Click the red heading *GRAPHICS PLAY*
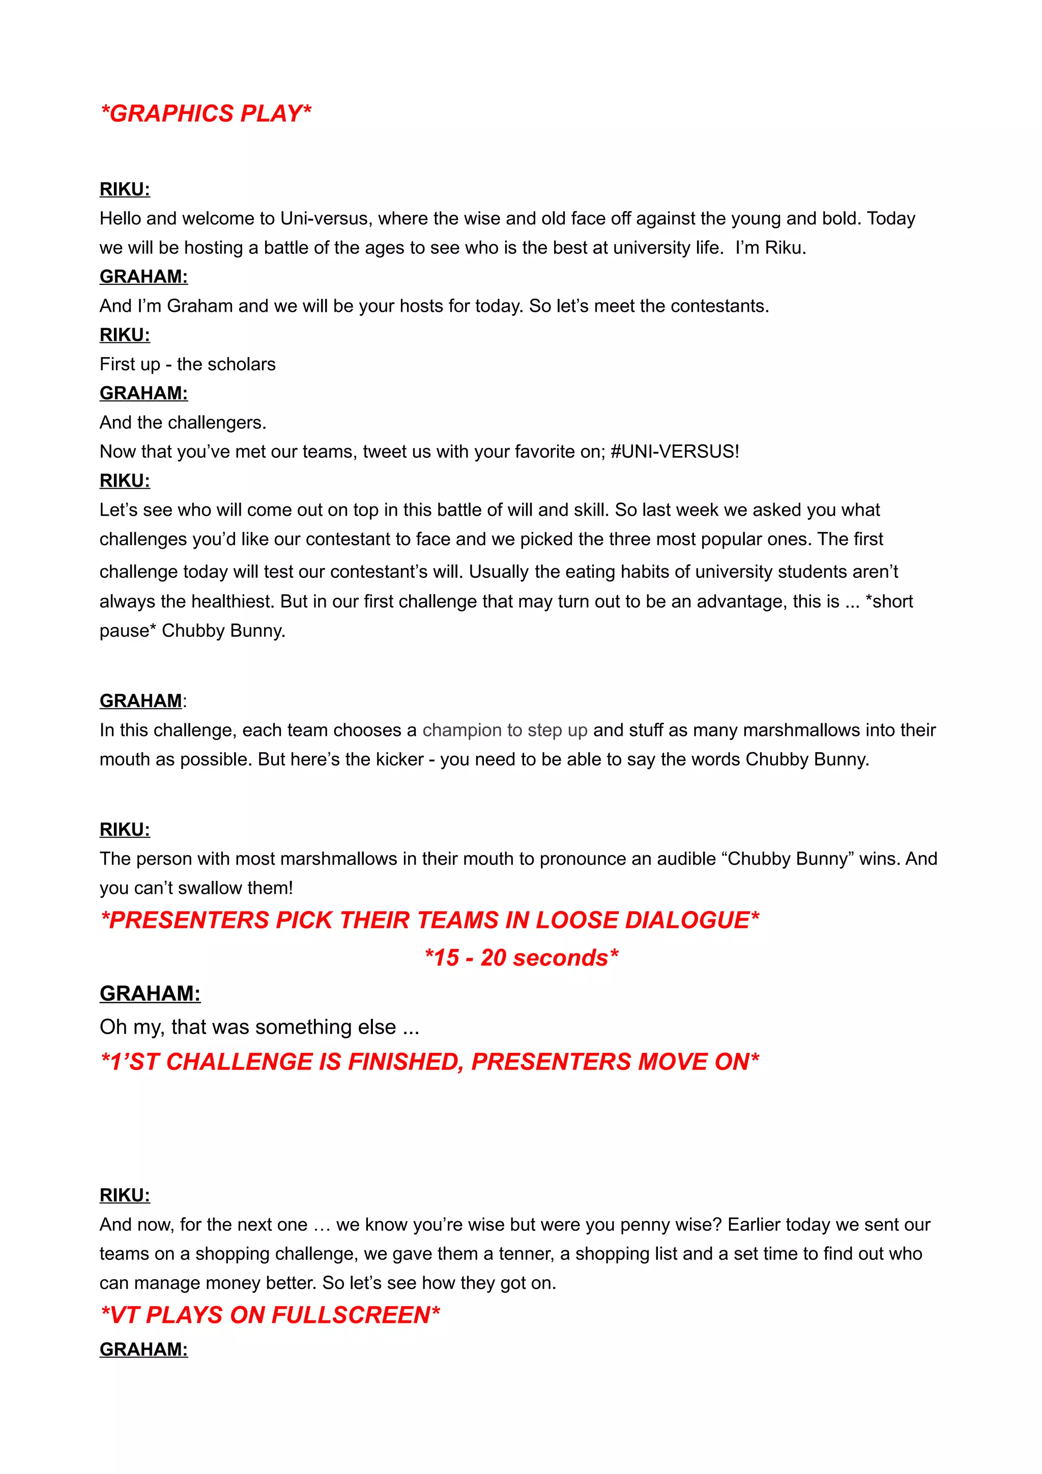206,113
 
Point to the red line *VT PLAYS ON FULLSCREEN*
270,1315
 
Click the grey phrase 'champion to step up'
505,730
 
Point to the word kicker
399,759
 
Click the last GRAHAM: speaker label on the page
143,1349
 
